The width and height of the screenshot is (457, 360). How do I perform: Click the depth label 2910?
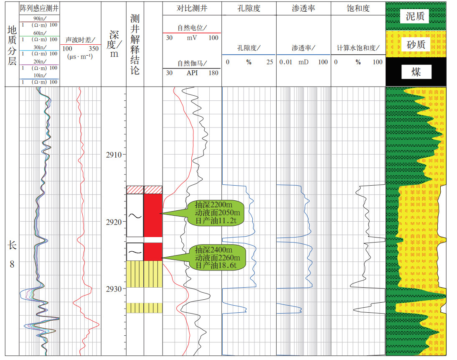pyautogui.click(x=113, y=155)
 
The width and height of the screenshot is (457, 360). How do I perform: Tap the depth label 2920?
pyautogui.click(x=113, y=222)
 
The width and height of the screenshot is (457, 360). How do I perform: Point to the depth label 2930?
pyautogui.click(x=113, y=289)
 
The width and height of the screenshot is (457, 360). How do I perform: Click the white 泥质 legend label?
pyautogui.click(x=415, y=16)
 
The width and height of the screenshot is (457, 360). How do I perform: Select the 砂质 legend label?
pyautogui.click(x=416, y=44)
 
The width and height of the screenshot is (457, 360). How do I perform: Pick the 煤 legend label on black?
pyautogui.click(x=416, y=72)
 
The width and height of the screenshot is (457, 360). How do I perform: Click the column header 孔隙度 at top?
pyautogui.click(x=249, y=8)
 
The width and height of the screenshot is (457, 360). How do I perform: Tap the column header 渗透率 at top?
pyautogui.click(x=303, y=8)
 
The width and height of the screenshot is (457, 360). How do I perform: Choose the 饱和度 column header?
pyautogui.click(x=358, y=8)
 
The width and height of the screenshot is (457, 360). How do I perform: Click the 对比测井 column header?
pyautogui.click(x=192, y=8)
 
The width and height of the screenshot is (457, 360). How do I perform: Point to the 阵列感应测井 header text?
pyautogui.click(x=39, y=8)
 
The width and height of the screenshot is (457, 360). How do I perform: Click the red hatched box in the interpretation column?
pyautogui.click(x=135, y=190)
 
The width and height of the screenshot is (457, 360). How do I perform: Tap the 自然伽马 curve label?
pyautogui.click(x=192, y=64)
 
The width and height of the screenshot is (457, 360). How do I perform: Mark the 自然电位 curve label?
pyautogui.click(x=192, y=28)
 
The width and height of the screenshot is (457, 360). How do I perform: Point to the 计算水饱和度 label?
pyautogui.click(x=358, y=49)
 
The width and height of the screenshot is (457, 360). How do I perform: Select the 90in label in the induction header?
pyautogui.click(x=39, y=18)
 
